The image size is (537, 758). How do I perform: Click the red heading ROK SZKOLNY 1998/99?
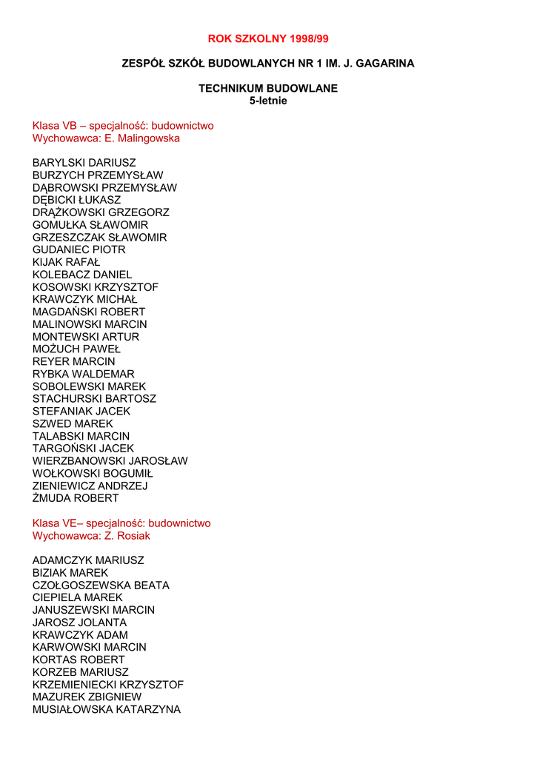pos(268,38)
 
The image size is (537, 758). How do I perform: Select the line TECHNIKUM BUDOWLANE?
pos(268,88)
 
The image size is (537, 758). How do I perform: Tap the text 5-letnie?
pos(268,101)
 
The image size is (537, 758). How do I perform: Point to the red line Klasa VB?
pos(123,126)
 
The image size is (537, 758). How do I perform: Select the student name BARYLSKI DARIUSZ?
pos(84,163)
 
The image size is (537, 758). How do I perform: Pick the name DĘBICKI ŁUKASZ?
pos(76,200)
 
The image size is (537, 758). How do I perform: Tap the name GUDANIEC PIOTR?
pos(79,249)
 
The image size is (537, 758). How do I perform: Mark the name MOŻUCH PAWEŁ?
pos(76,349)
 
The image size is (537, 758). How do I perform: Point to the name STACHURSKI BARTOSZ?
pos(94,398)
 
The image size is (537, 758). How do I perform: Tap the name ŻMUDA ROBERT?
pos(75,498)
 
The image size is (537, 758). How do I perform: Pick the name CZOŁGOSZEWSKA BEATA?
pos(101,586)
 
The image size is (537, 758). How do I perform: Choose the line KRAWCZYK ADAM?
pos(80,635)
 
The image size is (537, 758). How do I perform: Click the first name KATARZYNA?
pos(148,709)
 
